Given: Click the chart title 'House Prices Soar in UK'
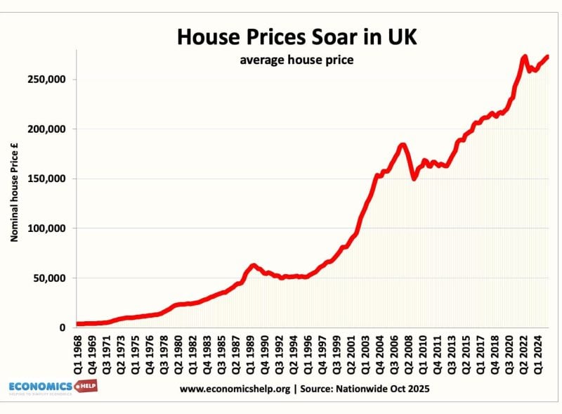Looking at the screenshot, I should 296,37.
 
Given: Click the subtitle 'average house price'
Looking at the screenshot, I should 296,60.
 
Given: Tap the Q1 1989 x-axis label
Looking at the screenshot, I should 253,355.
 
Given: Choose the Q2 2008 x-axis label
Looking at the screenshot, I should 412,355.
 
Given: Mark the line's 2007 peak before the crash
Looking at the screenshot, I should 403,145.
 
